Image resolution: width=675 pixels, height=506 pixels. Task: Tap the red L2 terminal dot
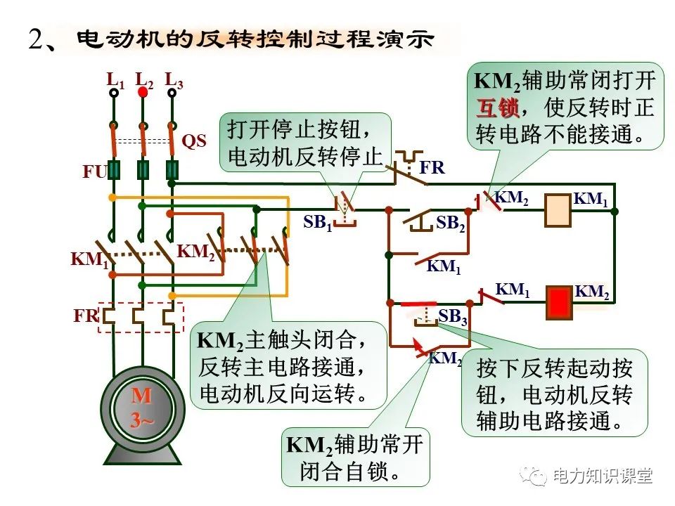143,91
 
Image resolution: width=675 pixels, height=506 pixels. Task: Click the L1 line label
115,79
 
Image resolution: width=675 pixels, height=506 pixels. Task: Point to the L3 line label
174,79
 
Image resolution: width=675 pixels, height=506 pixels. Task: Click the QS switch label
194,141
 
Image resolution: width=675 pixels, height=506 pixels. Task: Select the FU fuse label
94,172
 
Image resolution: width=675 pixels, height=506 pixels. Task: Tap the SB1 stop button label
317,223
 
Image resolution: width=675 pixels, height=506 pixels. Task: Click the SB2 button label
450,223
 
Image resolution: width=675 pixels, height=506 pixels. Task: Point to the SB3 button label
453,317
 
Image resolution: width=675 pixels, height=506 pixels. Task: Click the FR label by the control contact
432,168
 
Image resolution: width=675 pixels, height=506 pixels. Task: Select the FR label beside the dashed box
86,316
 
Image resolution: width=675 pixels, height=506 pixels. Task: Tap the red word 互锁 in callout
497,108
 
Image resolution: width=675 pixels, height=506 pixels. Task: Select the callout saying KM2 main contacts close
288,366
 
